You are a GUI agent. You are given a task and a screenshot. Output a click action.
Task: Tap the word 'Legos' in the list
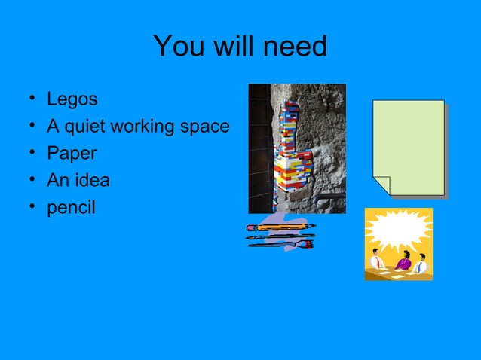click(72, 99)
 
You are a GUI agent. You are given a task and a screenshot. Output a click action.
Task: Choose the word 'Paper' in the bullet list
click(71, 154)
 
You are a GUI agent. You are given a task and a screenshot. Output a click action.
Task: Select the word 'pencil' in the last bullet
click(71, 208)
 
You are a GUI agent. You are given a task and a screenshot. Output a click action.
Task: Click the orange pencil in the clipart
click(283, 226)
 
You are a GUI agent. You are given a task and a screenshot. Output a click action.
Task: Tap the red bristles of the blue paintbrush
click(308, 244)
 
